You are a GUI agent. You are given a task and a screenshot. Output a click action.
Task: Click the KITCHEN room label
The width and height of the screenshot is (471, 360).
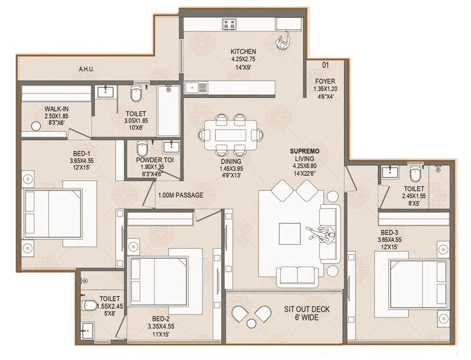click(243, 52)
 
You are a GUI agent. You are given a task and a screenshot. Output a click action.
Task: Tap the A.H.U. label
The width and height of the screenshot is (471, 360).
click(87, 69)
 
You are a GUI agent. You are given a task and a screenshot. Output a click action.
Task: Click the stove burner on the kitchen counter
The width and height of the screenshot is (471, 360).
click(228, 24)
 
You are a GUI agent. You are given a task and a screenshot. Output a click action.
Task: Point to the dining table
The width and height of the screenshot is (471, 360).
click(231, 135)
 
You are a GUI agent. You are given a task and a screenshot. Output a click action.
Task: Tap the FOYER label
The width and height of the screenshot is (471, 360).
click(325, 81)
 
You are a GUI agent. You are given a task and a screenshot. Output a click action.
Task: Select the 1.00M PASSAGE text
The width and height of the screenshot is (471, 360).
click(180, 195)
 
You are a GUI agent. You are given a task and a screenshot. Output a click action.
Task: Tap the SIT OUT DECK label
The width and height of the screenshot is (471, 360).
click(306, 309)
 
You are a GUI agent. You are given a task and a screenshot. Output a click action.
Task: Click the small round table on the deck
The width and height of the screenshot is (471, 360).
click(251, 323)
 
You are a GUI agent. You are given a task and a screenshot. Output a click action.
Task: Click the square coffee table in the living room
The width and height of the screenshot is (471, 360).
click(290, 234)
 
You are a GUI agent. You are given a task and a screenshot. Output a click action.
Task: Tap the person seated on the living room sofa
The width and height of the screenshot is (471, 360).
click(322, 234)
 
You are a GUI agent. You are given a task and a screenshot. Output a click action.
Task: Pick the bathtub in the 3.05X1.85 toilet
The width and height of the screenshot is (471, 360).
click(168, 111)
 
